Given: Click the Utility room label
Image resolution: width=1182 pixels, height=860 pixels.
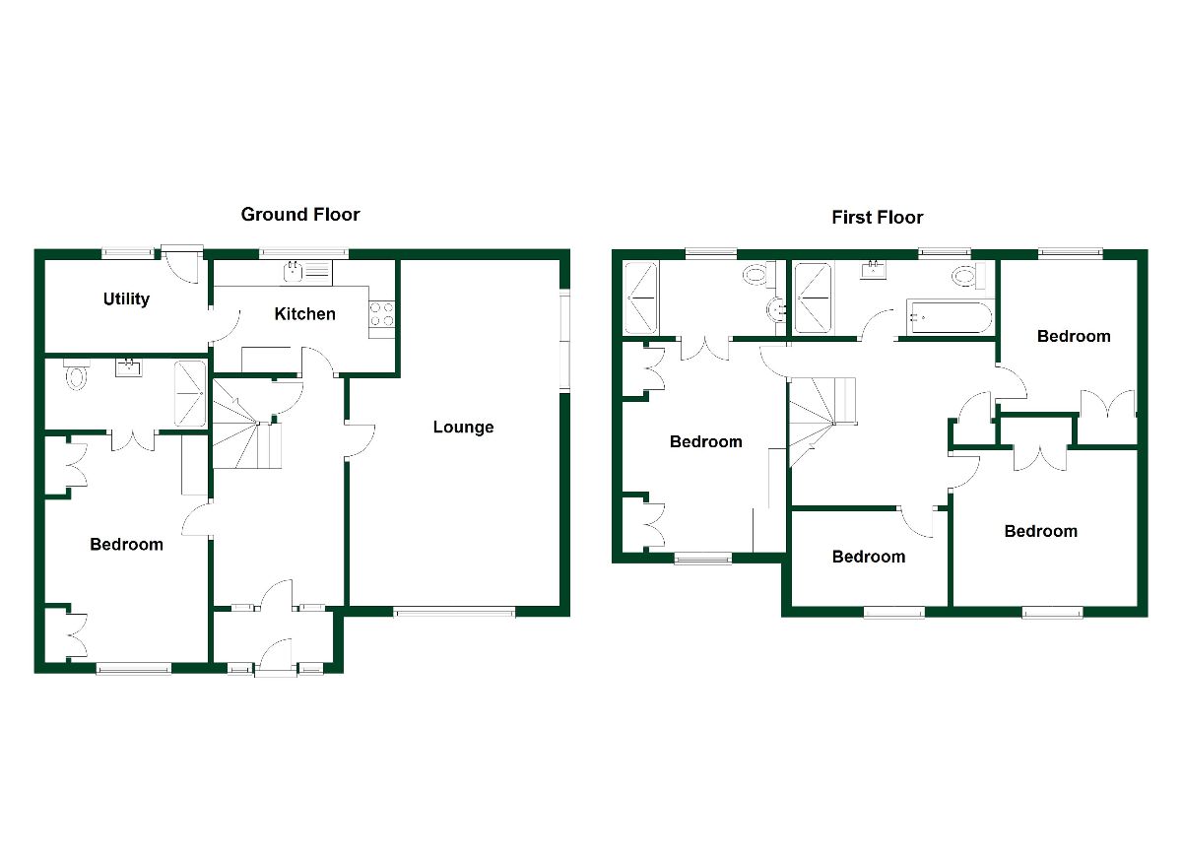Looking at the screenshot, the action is click(126, 298).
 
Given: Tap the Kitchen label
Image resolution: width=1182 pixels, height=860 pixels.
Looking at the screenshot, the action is click(304, 314).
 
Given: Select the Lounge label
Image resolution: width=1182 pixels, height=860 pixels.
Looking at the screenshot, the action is click(463, 428).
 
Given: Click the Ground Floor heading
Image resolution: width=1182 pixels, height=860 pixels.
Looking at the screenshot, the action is click(300, 214).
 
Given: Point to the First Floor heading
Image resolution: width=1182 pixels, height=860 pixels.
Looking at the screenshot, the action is click(878, 217).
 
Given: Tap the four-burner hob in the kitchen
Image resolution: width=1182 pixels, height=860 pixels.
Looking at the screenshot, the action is click(382, 314).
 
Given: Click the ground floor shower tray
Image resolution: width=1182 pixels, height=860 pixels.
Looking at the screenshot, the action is click(190, 393).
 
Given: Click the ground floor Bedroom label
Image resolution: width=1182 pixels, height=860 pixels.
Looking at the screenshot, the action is click(126, 544).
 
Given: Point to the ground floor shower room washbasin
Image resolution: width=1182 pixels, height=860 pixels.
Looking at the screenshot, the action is click(129, 368).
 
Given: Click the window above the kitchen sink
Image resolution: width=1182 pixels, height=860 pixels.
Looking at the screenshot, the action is click(297, 252).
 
